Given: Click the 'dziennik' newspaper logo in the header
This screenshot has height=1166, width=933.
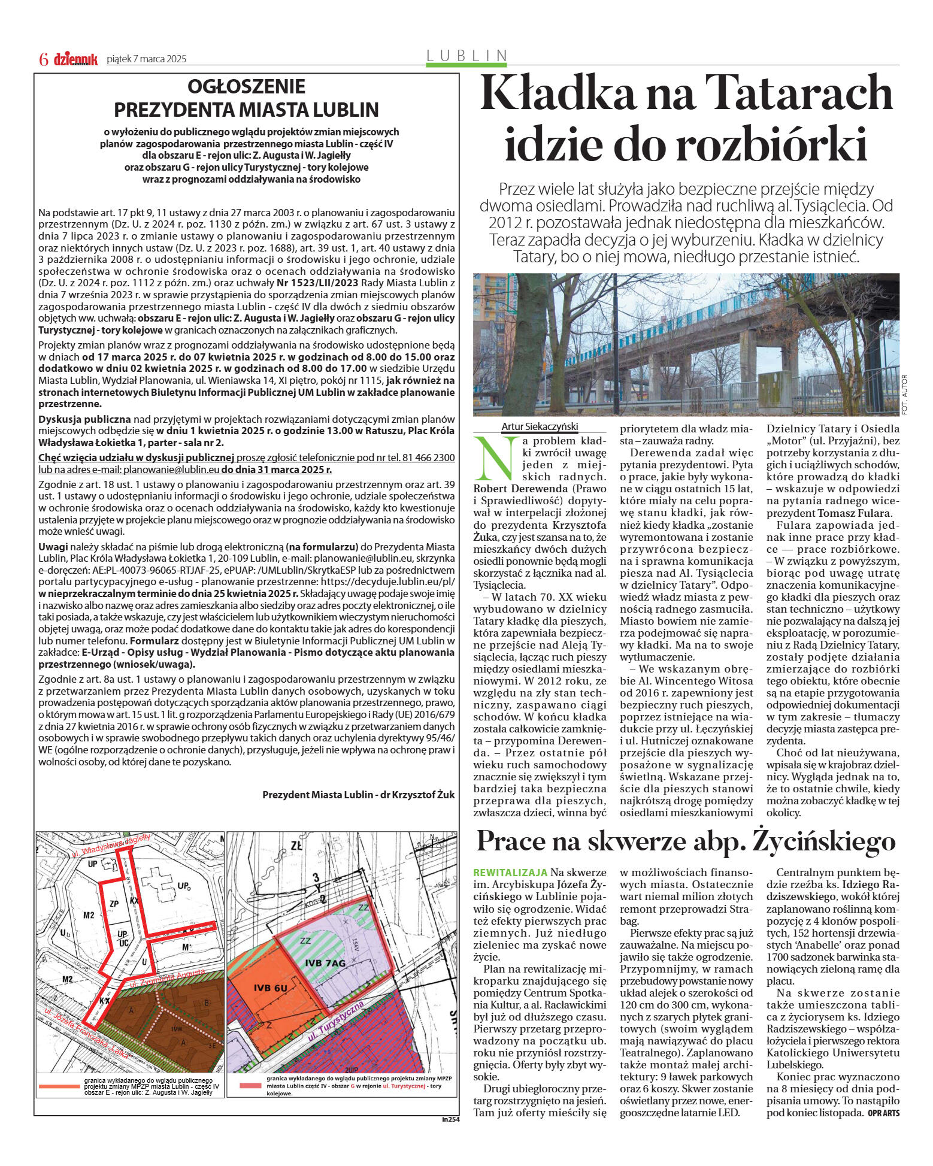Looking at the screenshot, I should (x=75, y=59).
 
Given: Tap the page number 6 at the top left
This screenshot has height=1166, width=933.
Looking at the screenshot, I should (x=43, y=59).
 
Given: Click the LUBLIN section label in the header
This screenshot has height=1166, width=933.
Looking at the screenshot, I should (x=467, y=56).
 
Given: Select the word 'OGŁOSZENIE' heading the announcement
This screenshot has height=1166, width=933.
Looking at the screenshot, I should (x=246, y=86).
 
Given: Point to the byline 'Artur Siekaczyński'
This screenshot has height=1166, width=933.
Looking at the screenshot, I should (x=540, y=426).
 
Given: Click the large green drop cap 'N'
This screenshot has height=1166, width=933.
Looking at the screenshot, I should (x=494, y=458).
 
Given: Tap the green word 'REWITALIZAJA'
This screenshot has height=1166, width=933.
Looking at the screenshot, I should (x=510, y=873).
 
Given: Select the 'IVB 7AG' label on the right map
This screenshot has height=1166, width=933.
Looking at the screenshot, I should (x=325, y=962).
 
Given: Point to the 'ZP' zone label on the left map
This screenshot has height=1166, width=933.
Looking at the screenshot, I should (x=114, y=903).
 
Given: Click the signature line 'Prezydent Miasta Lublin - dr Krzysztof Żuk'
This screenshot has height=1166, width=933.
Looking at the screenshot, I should (x=358, y=795).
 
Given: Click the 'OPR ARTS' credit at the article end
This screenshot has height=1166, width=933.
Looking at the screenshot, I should (x=883, y=1113).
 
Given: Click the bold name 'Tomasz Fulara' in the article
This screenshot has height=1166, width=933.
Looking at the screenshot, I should (x=853, y=513).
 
